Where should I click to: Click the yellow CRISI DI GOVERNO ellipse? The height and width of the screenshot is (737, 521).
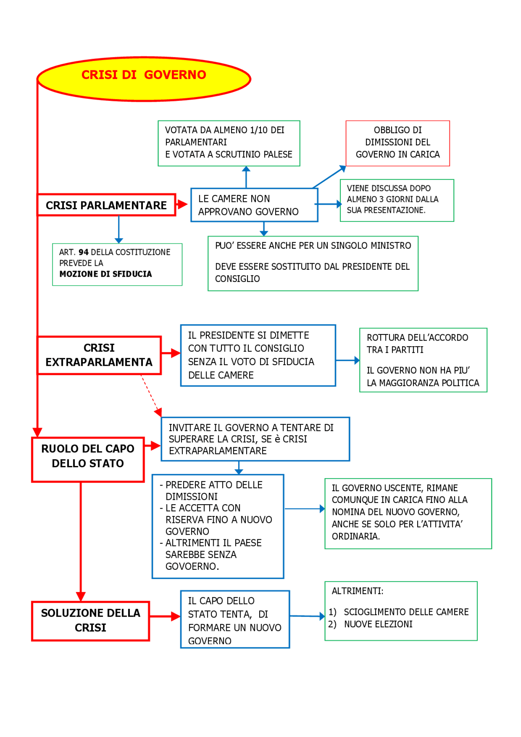tap(144, 79)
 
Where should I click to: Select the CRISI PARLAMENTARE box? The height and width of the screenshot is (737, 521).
tap(106, 205)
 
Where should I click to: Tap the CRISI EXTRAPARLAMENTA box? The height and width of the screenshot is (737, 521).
tap(99, 355)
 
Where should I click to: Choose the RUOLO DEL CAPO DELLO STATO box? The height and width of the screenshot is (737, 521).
tap(88, 459)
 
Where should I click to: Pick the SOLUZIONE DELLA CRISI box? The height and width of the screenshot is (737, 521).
tap(90, 621)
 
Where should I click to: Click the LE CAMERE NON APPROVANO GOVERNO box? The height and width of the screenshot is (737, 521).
tap(254, 205)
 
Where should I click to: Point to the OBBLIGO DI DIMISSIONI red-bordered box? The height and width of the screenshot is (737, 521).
tap(398, 142)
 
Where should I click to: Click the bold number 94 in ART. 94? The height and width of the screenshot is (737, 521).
tap(83, 252)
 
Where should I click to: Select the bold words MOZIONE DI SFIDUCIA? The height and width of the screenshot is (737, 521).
tap(105, 274)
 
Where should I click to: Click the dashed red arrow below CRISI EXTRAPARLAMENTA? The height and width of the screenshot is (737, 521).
tap(150, 393)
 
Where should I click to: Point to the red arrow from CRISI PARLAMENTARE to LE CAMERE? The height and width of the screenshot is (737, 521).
tap(182, 205)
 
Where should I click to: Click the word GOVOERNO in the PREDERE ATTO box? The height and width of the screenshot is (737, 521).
tap(192, 566)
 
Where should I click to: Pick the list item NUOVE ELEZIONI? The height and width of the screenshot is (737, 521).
tap(378, 624)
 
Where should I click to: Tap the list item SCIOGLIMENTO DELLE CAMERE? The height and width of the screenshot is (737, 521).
tap(406, 612)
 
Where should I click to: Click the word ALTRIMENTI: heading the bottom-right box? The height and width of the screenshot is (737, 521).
tap(357, 591)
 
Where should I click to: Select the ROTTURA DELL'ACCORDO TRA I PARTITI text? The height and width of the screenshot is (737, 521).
tap(417, 343)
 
